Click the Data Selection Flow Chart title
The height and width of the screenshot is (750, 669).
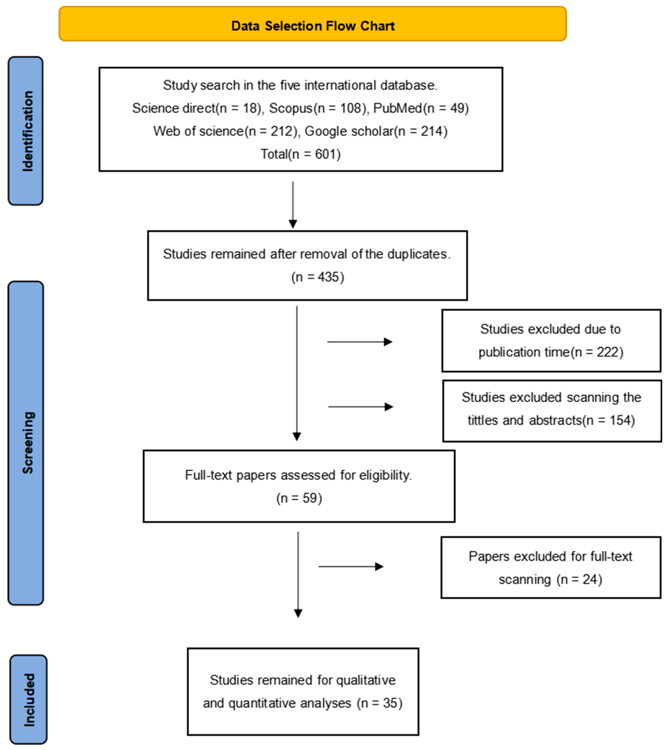[x=313, y=26]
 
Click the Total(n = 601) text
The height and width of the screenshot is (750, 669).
[x=301, y=154]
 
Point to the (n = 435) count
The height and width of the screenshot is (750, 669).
[x=318, y=277]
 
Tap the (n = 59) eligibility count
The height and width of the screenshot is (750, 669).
[x=299, y=498]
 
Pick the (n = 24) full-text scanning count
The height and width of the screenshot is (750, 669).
[x=579, y=579]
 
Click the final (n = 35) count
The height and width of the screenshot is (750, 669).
[x=380, y=703]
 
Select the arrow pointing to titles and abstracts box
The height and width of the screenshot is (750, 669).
[x=361, y=407]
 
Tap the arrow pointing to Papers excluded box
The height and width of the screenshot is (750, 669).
[x=351, y=567]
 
